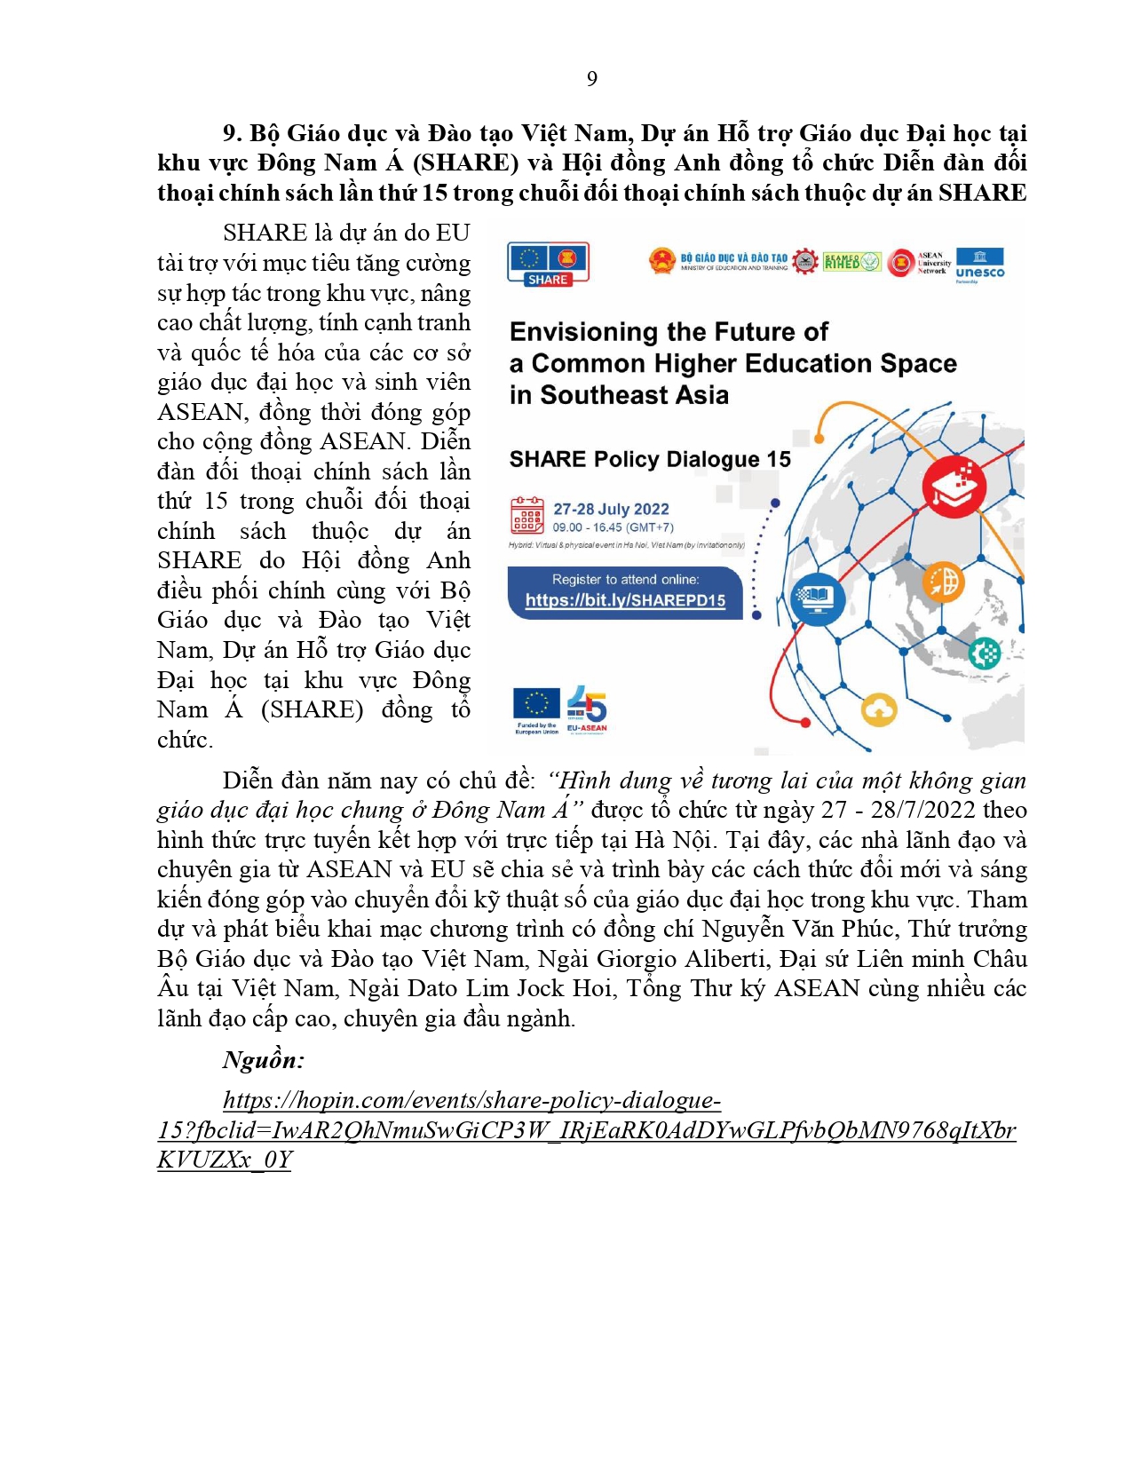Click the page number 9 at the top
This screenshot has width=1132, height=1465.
pos(592,79)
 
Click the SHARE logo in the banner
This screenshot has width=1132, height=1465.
pos(548,264)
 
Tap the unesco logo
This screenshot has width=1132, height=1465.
pos(979,265)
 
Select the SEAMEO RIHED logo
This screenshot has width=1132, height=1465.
pos(851,262)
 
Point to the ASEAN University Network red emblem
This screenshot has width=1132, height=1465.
pos(901,263)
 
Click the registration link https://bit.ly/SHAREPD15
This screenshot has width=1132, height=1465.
pos(625,600)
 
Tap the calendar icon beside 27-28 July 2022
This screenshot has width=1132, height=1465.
pos(527,515)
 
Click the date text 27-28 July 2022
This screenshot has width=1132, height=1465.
pos(611,509)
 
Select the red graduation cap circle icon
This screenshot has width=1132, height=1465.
pos(954,487)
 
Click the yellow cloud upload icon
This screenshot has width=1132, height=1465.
pos(879,709)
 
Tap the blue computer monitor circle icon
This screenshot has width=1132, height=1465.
pos(817,599)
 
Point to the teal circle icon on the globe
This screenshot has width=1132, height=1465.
pos(984,653)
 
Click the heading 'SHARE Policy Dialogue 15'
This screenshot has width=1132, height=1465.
pos(650,459)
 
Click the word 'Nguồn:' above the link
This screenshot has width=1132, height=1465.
pos(264,1059)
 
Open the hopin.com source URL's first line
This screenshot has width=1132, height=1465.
pos(471,1100)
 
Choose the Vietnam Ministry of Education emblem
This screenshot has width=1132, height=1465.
pos(662,262)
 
